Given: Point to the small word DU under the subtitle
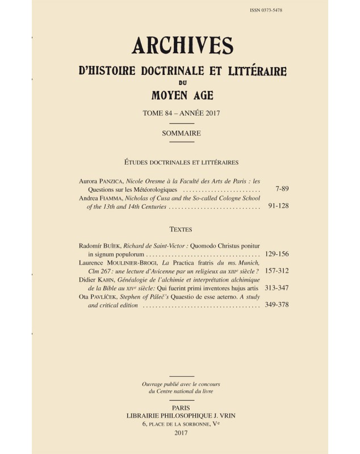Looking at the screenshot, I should (x=182, y=84).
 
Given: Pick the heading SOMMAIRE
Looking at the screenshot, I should (x=182, y=133).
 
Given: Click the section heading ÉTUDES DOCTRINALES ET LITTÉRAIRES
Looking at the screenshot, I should (x=182, y=162).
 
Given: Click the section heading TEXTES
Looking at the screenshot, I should (x=182, y=230).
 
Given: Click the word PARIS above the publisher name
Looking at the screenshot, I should (x=182, y=407).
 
